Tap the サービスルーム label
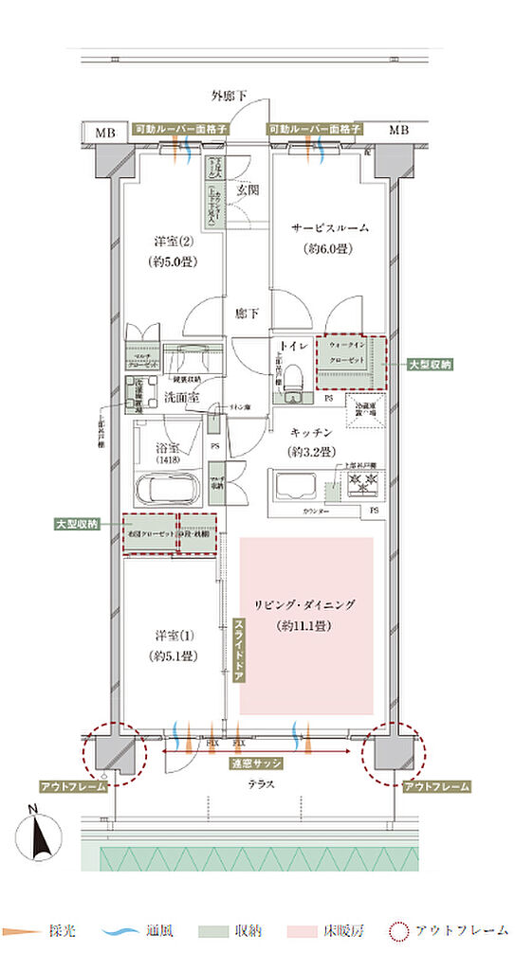tap(329, 228)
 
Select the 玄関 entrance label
tap(248, 189)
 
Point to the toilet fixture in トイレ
tap(293, 377)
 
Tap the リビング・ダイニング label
tap(305, 603)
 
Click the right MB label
tap(399, 130)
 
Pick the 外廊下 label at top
tap(229, 97)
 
